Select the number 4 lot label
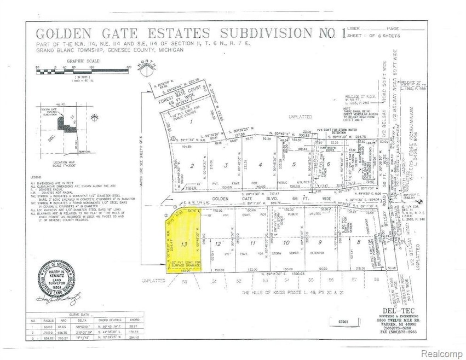pos(260,164)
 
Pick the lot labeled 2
pos(192,165)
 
